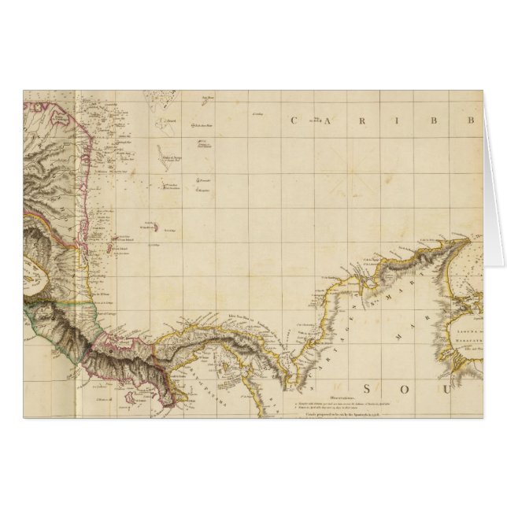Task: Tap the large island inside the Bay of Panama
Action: point(232,364)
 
